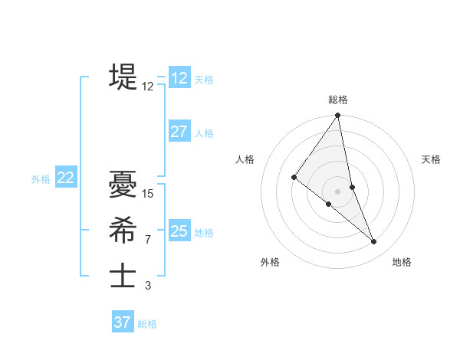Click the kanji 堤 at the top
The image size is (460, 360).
pos(123,77)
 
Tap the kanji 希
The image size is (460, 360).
pos(123,230)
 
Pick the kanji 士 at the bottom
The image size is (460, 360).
pos(123,276)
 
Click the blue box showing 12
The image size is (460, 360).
pos(179,78)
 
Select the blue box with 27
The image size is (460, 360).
pos(179,132)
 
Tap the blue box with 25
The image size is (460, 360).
pos(179,231)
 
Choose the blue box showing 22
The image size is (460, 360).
pos(65,178)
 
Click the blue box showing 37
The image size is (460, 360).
pos(123,322)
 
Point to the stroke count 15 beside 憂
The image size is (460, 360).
pos(148,194)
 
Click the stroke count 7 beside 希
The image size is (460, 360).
pos(148,240)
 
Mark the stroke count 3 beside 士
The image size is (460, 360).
pos(148,286)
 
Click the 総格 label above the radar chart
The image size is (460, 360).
pos(338,100)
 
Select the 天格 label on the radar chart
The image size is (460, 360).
pos(431,159)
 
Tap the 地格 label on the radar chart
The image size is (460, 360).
pos(402,262)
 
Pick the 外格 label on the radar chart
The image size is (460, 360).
pos(270,262)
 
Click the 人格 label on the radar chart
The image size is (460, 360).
pos(245,159)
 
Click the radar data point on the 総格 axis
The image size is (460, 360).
pos(338,116)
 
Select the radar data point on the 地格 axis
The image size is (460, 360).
pos(374,242)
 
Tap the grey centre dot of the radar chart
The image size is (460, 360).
pos(337,191)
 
